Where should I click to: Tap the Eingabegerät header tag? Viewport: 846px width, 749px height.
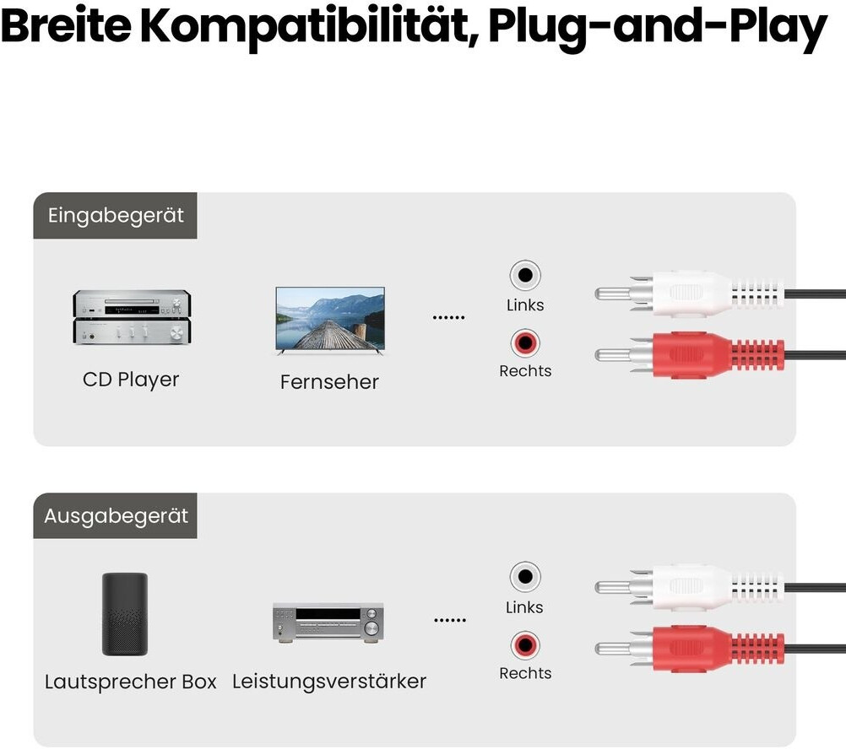coord(116,216)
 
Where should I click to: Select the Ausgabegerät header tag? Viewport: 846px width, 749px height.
coord(116,515)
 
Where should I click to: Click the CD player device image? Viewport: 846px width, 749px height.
coord(132,317)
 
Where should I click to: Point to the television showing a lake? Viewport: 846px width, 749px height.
coord(330,320)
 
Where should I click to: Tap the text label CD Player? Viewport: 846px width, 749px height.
coord(131,380)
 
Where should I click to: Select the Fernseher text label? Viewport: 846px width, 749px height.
coord(329,382)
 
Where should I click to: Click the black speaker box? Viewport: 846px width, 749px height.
coord(125,614)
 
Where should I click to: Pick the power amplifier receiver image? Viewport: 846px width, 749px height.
coord(328,622)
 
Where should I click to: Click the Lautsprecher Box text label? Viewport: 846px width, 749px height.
coord(131,682)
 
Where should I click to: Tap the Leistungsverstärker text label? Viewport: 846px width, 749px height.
coord(329,682)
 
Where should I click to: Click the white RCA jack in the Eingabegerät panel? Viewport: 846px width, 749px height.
coord(525,275)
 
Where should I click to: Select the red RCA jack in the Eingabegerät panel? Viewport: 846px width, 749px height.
coord(525,342)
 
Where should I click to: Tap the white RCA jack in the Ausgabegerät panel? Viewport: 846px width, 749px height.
coord(525,577)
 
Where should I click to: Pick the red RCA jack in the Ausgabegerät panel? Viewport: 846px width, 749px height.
coord(525,644)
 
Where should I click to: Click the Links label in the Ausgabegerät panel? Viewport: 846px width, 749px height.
coord(524,607)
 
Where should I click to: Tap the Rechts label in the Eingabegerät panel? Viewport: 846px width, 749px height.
coord(525,371)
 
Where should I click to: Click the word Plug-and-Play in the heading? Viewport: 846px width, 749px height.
coord(658,28)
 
